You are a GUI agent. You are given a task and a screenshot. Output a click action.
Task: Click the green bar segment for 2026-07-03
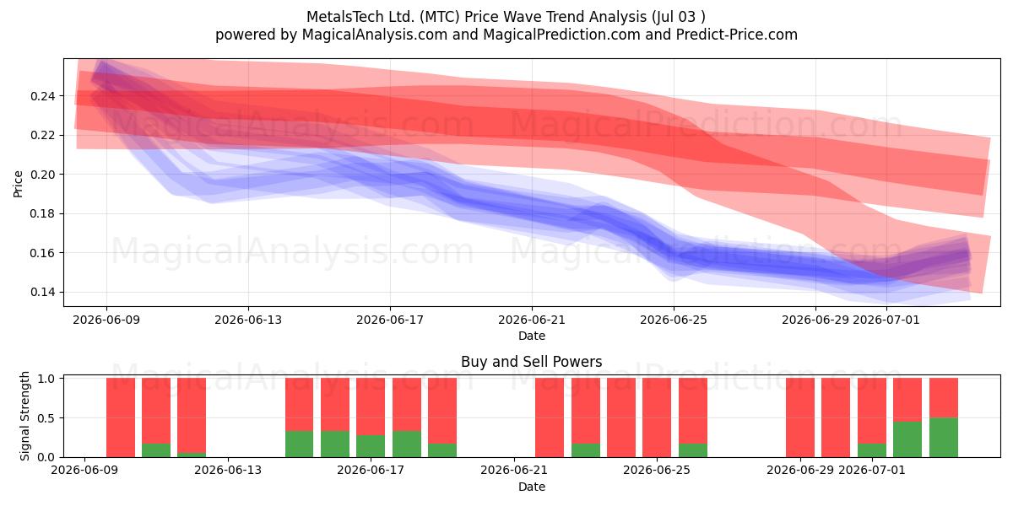944,438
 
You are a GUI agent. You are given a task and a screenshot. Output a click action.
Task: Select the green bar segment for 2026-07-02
907,439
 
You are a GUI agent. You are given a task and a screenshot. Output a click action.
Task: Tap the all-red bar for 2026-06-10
120,417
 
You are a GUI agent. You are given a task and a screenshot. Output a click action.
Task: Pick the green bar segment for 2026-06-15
299,444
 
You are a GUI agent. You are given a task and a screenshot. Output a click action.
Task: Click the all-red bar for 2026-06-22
550,417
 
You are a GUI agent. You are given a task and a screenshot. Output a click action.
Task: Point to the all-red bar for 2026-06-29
800,417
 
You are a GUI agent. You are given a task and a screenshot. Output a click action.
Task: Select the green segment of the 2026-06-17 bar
371,446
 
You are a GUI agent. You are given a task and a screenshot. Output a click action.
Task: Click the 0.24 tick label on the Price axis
43,96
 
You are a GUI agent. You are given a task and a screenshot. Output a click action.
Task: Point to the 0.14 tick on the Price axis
43,293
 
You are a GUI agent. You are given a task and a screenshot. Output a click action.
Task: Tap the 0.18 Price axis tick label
43,213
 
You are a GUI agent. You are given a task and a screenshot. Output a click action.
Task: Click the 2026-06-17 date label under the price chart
390,320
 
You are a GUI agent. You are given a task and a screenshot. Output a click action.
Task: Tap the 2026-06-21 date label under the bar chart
514,470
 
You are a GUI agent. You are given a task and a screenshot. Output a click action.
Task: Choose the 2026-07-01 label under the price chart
886,320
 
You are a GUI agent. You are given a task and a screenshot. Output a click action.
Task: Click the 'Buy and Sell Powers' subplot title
531,362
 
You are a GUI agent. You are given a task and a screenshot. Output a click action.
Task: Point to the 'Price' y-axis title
18,184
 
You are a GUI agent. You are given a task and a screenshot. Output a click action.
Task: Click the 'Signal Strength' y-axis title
24,416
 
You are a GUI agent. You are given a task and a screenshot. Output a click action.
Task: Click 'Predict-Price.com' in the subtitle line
737,35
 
